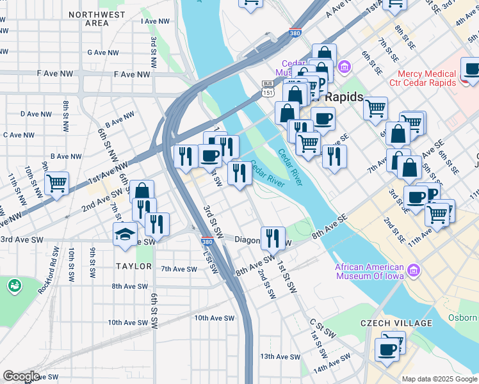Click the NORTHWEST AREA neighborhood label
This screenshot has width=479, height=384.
coord(97,19)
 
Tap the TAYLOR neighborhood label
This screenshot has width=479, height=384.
coord(134,266)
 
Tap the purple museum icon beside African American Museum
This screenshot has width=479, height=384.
coord(413,271)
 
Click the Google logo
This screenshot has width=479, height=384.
coord(20,376)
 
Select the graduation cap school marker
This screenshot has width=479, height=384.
coord(125,234)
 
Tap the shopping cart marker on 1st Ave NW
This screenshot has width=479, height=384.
coord(57,183)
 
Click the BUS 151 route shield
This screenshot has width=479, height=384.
coord(268,88)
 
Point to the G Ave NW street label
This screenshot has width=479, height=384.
coord(105,52)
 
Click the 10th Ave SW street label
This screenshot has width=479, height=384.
coord(215,317)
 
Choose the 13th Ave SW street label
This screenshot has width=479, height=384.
coord(280,356)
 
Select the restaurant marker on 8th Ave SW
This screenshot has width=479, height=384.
coord(273,237)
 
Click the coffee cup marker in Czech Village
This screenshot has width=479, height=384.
coord(387,349)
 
